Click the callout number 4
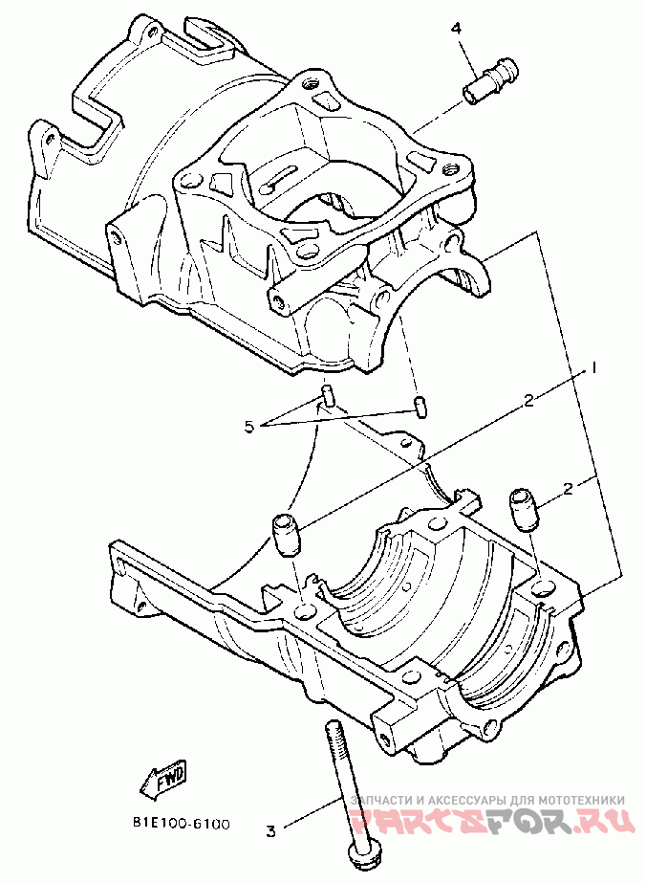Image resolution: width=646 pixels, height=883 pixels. tap(457, 29)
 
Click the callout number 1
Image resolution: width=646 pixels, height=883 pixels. tap(592, 367)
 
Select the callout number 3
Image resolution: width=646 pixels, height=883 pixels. tap(269, 829)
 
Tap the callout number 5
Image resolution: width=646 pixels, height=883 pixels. tap(249, 428)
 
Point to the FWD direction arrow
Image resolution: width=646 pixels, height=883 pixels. tap(165, 780)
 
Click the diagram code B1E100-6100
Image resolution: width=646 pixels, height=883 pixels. tap(180, 823)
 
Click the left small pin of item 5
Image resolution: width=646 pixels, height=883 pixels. tap(327, 395)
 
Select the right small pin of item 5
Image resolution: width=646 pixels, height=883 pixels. tap(420, 405)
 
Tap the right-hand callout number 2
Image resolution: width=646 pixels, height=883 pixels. tap(568, 489)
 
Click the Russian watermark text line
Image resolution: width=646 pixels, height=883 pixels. tap(487, 800)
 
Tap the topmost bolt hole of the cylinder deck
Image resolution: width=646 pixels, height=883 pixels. tap(312, 86)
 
